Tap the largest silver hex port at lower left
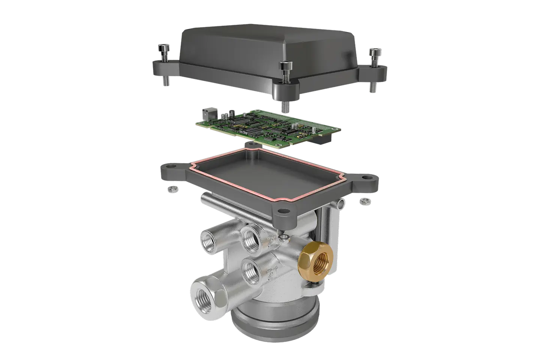[206, 298]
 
